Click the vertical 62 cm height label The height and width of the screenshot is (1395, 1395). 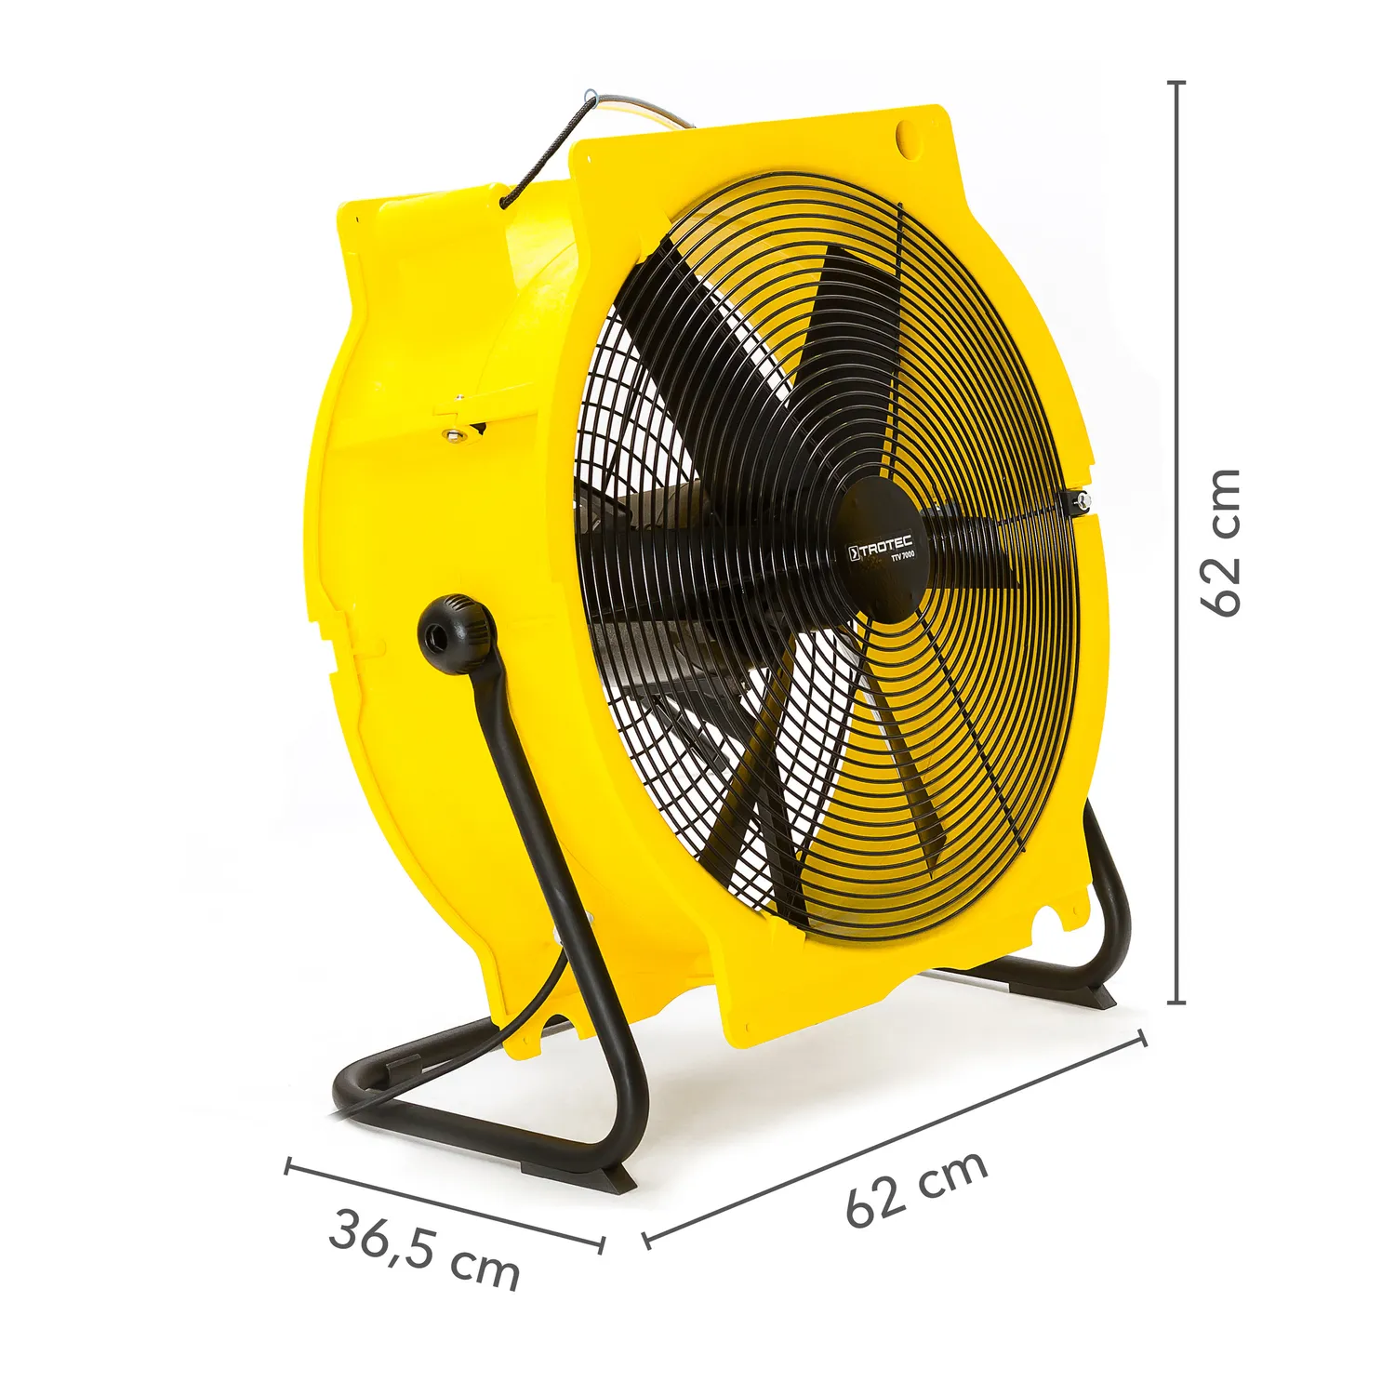pyautogui.click(x=1220, y=541)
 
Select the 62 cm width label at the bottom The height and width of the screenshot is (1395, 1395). pyautogui.click(x=916, y=1188)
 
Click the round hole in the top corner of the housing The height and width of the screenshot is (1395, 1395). pyautogui.click(x=908, y=137)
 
